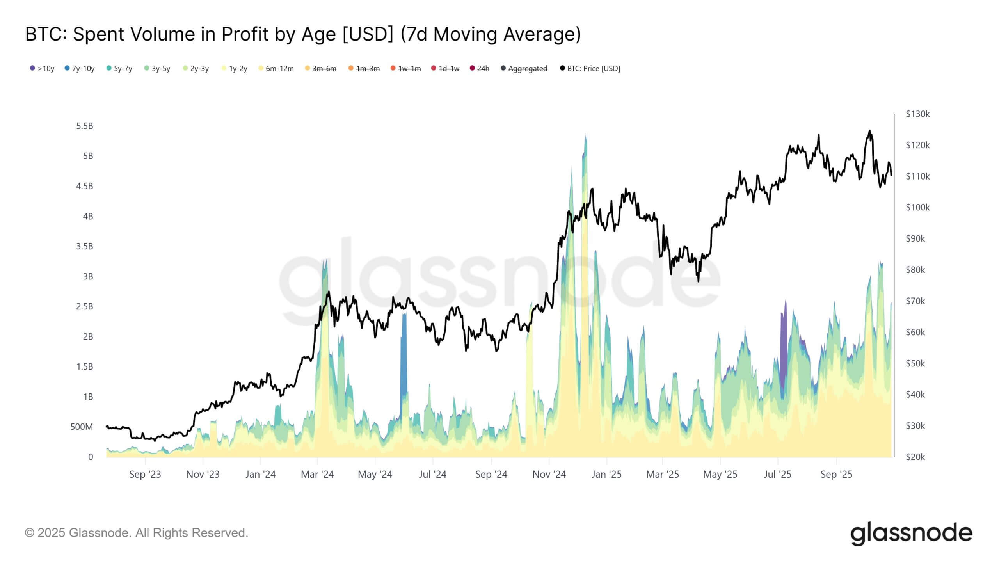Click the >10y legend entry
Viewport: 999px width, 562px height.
click(42, 69)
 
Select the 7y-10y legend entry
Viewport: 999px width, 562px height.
click(80, 69)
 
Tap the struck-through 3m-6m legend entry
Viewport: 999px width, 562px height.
click(320, 69)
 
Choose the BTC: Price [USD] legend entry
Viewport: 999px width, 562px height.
click(590, 69)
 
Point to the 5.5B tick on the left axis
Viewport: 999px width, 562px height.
click(85, 126)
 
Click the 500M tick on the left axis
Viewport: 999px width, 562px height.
click(82, 427)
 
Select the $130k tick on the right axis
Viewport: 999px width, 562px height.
click(917, 114)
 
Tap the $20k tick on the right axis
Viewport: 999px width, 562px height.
click(915, 457)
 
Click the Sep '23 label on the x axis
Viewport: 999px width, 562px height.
click(145, 474)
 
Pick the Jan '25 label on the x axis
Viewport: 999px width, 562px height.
click(606, 474)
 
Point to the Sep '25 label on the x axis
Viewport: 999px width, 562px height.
click(836, 474)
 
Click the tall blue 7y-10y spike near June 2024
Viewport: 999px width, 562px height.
click(404, 351)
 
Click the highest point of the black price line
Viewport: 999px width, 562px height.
click(869, 131)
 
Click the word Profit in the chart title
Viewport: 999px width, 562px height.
click(245, 34)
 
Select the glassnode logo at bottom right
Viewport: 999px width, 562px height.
click(911, 534)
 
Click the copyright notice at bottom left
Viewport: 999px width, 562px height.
click(136, 533)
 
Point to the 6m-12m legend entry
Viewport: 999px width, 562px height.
click(276, 69)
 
